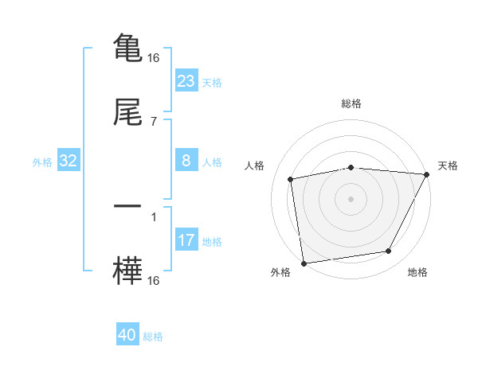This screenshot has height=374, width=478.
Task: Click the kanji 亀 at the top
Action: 128,48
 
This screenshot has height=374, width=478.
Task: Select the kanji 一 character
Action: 128,206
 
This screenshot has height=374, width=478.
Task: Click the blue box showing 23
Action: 186,80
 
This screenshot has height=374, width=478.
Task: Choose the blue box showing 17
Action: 186,240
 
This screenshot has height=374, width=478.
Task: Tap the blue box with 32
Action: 69,162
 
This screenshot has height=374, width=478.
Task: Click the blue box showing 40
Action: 127,336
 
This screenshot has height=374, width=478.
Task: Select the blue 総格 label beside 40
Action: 154,337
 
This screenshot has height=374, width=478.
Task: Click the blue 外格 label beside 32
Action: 42,162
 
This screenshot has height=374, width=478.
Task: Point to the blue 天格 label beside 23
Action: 212,81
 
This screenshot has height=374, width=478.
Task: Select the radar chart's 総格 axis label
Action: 351,103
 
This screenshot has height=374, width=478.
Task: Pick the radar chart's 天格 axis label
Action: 449,166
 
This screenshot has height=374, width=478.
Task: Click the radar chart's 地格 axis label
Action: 417,273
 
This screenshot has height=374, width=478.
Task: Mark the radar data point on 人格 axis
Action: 291,179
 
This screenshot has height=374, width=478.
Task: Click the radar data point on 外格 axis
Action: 304,263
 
